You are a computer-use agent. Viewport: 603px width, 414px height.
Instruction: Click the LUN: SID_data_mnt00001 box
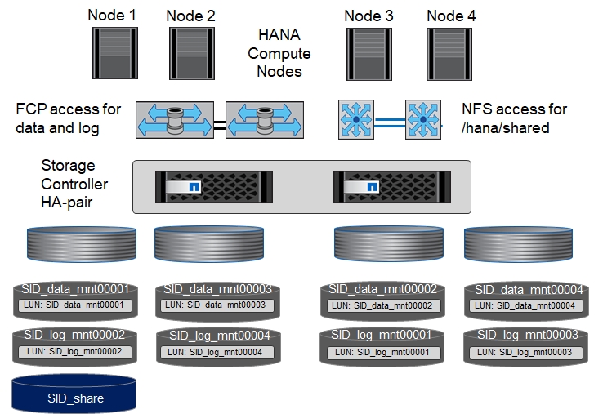[75, 305]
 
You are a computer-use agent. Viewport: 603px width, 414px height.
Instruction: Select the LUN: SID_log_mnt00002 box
[74, 351]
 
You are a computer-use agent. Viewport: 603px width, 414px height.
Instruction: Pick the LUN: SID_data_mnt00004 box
[525, 305]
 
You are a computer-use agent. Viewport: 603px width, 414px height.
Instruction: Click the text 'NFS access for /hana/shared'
[514, 118]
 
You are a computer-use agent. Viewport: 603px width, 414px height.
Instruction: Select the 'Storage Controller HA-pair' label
[74, 184]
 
